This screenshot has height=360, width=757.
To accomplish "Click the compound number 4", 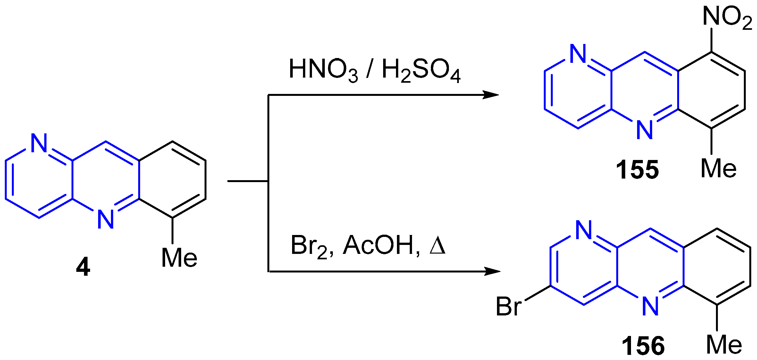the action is coord(83,267).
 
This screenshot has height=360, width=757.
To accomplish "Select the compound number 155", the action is coord(637,170).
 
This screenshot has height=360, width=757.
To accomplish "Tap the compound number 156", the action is coord(643,346).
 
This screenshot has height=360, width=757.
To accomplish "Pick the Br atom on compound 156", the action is coord(509,306).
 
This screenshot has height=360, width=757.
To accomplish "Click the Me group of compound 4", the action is coord(179,258).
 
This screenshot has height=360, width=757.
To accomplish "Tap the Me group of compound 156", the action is coord(724,345).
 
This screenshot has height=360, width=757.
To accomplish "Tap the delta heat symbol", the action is coord(437,246).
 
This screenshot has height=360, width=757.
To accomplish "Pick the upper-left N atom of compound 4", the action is coord(39,143).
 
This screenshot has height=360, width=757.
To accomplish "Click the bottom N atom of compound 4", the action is coord(106,220).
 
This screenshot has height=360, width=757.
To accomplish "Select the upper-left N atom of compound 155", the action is coord(578,54).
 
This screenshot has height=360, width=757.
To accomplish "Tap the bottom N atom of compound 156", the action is coord(651,306).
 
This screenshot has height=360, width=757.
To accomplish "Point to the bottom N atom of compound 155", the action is coord(645,130).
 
